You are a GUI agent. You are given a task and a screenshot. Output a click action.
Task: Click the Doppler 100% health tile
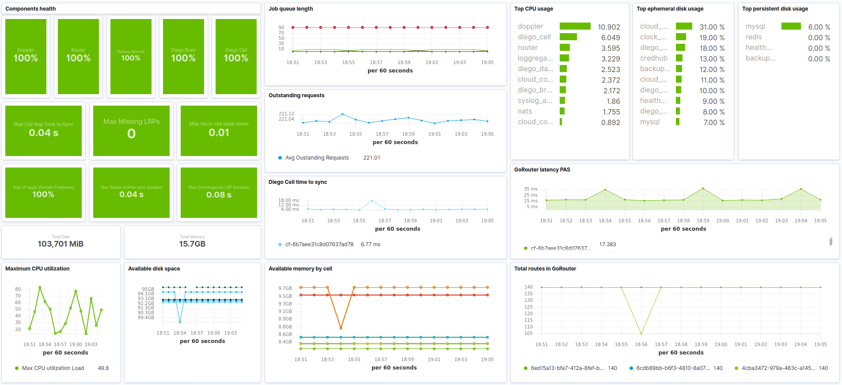point(26,56)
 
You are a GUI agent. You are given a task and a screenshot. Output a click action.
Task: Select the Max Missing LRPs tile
point(131,130)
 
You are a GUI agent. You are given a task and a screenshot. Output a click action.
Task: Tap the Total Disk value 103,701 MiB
point(61,244)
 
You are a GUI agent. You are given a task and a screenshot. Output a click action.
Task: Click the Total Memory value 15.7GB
point(192,244)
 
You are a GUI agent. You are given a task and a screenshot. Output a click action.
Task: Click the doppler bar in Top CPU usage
point(575,27)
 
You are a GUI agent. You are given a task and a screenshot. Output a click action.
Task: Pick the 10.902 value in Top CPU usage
point(609,27)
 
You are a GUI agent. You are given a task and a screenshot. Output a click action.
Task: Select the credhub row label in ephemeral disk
point(653,58)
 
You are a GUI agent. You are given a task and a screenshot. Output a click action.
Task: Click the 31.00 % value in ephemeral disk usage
point(712,27)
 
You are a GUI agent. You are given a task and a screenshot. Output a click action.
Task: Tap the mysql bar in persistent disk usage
point(791,27)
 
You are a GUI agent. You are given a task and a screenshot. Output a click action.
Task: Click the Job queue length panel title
point(291,9)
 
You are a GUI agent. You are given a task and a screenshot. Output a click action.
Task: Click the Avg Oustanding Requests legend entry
point(317,158)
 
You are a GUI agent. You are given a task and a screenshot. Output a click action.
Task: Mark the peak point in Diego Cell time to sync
point(372,201)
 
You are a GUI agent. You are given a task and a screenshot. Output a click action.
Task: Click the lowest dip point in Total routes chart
point(641,333)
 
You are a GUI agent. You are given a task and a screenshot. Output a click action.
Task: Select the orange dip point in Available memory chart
point(341,328)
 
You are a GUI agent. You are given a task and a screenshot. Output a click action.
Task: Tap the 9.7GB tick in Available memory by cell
point(285,288)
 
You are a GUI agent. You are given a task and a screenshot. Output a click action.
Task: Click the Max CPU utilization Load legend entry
point(53,368)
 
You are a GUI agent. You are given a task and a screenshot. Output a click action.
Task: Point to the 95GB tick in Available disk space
point(148,289)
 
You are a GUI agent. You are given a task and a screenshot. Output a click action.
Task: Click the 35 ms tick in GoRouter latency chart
point(531,189)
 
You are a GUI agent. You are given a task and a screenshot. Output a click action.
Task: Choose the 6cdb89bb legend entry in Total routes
point(672,368)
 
